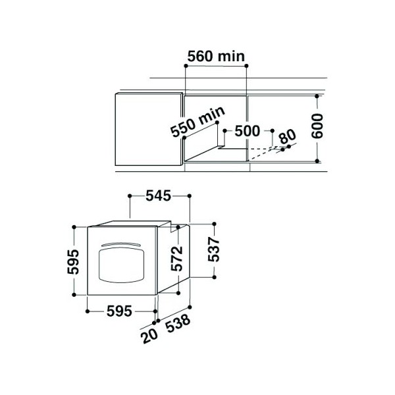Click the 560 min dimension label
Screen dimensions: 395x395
tap(216, 56)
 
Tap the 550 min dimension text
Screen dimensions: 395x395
tap(197, 122)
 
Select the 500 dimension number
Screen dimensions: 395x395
tap(247, 131)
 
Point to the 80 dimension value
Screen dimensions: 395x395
tap(288, 136)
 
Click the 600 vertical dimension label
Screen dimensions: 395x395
tap(317, 126)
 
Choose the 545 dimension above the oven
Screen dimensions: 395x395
tap(158, 196)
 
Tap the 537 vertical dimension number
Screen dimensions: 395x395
tap(213, 250)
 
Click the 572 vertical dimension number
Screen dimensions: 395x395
tap(176, 259)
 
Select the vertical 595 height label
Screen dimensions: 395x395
tap(73, 261)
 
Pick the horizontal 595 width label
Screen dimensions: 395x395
tap(119, 311)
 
